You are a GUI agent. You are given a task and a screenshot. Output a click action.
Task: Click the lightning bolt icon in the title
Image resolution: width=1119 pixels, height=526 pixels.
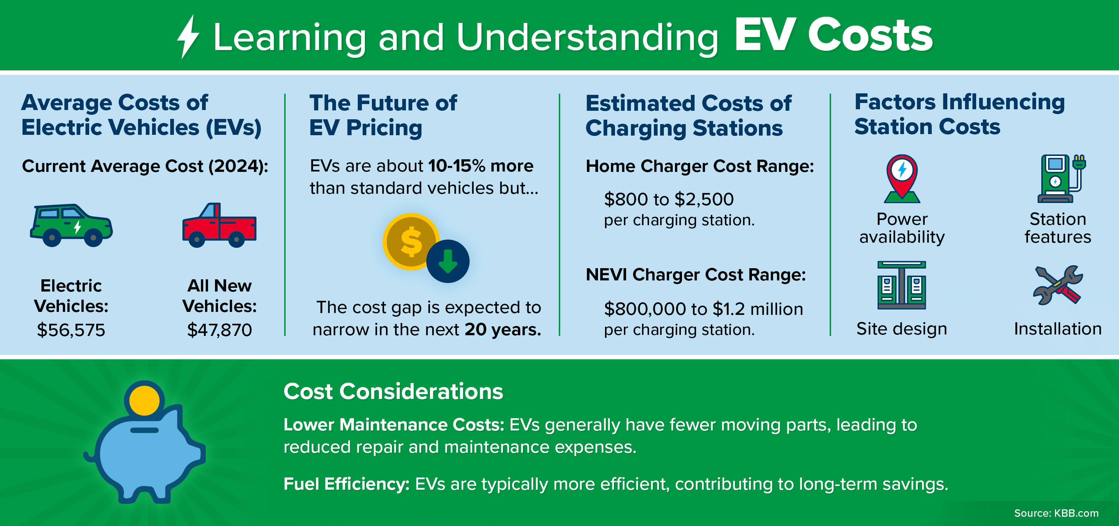pyautogui.click(x=188, y=37)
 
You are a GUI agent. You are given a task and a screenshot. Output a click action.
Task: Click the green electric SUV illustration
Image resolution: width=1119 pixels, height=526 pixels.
pyautogui.click(x=71, y=226)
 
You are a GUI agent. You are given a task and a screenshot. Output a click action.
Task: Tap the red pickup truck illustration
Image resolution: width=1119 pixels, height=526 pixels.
pyautogui.click(x=219, y=226)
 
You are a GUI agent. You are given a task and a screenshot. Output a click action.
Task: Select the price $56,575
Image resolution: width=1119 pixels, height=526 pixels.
pyautogui.click(x=71, y=330)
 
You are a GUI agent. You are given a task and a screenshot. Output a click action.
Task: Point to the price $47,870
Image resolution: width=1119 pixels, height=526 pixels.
pyautogui.click(x=219, y=330)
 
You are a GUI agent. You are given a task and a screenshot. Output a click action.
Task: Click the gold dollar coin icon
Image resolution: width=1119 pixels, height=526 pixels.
pyautogui.click(x=410, y=241)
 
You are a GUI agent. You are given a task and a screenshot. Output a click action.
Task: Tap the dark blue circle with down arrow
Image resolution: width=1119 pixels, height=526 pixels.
pyautogui.click(x=448, y=261)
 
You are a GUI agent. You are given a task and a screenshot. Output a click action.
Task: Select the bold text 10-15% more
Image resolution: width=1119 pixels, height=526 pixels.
pyautogui.click(x=480, y=166)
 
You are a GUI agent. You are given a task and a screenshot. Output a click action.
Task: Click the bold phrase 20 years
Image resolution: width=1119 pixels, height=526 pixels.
pyautogui.click(x=503, y=330)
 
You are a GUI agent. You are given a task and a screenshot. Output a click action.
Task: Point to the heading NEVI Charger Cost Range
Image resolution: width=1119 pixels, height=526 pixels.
pyautogui.click(x=695, y=275)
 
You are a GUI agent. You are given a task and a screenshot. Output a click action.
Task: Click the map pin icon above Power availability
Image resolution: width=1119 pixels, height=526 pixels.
pyautogui.click(x=902, y=178)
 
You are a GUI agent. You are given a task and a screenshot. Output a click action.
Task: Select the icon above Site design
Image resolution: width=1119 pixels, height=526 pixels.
pyautogui.click(x=901, y=285)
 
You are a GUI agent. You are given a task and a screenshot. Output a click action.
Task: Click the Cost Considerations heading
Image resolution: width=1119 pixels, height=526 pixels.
pyautogui.click(x=393, y=391)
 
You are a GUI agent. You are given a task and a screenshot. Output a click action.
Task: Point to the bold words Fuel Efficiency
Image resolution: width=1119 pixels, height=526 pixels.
pyautogui.click(x=346, y=484)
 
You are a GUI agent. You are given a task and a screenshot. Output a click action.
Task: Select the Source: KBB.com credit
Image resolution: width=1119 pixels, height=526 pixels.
pyautogui.click(x=1056, y=513)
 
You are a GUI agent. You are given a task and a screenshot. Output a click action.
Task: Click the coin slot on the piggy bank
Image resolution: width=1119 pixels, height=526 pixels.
pyautogui.click(x=144, y=430)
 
